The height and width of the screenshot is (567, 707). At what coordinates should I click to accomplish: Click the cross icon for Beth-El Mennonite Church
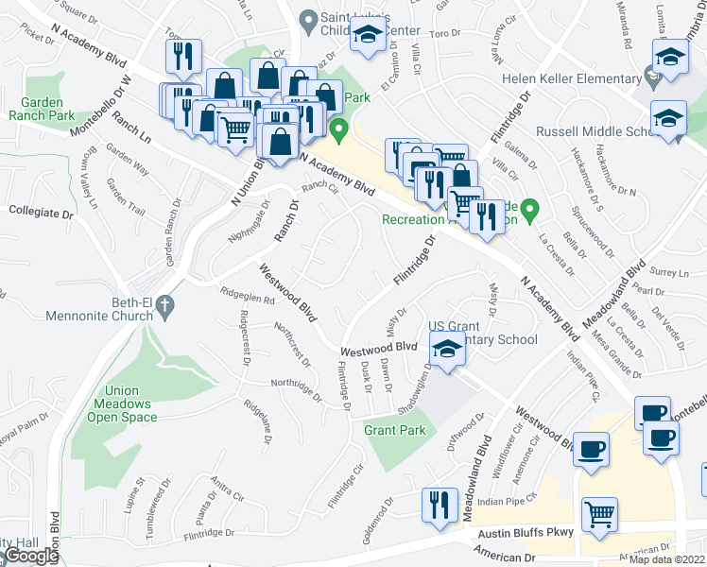pyautogui.click(x=164, y=305)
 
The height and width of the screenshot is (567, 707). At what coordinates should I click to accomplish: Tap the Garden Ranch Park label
pyautogui.click(x=42, y=109)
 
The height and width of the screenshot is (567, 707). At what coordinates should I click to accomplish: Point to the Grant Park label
pyautogui.click(x=395, y=430)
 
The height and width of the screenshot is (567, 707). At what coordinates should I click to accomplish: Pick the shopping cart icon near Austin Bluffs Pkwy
pyautogui.click(x=599, y=515)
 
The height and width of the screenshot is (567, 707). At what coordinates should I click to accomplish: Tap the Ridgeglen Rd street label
pyautogui.click(x=247, y=295)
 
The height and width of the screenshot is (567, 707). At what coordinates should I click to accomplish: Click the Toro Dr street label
pyautogui.click(x=444, y=34)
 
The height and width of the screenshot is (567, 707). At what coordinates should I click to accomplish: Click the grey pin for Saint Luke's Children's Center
pyautogui.click(x=306, y=19)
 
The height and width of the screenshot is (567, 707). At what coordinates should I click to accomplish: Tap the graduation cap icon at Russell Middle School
pyautogui.click(x=668, y=120)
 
